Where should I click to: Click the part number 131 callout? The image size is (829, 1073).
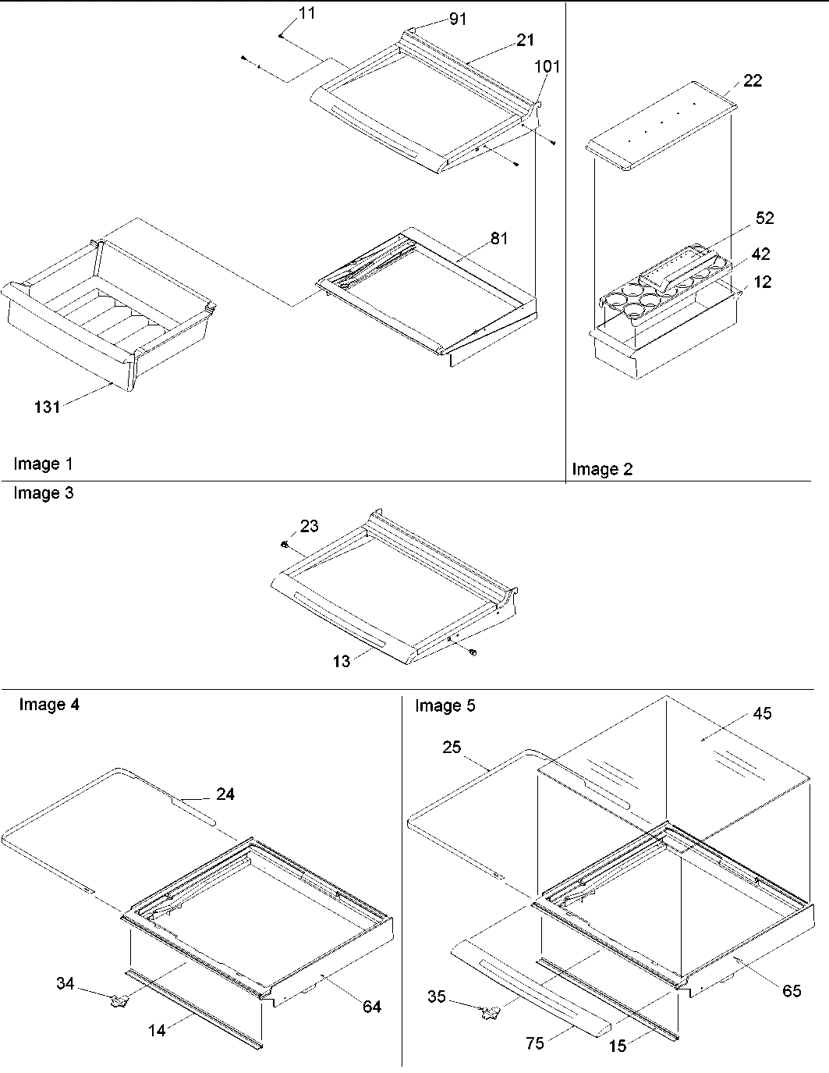pos(47,406)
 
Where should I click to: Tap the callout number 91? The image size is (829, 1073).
pos(458,19)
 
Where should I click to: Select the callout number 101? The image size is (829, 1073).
pos(547,66)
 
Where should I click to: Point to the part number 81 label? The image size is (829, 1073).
pos(498,238)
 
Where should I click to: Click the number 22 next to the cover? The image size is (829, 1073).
pos(753,80)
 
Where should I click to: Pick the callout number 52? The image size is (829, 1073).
pos(765,219)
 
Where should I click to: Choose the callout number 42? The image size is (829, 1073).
pos(760,255)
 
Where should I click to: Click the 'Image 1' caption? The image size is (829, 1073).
pos(43,464)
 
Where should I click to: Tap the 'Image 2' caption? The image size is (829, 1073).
pos(602,469)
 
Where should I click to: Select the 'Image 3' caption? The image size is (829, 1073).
pos(43,493)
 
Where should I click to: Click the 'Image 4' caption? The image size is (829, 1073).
pos(48,705)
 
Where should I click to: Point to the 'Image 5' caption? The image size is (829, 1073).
pos(445,706)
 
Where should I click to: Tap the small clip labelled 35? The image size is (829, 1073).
pos(491,1012)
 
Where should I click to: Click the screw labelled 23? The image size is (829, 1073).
pos(286,543)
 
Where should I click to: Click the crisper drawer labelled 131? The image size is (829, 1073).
pos(109,320)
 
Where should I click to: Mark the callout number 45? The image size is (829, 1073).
pos(762,713)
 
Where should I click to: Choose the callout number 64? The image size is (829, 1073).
pos(372,1007)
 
